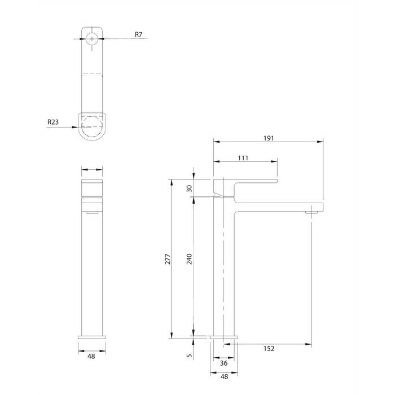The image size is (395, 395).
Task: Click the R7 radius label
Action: (139, 34)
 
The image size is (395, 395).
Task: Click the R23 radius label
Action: (53, 122)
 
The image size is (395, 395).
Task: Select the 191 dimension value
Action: (269, 138)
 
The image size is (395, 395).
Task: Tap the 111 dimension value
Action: (243, 158)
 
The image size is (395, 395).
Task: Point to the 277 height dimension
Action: (168, 259)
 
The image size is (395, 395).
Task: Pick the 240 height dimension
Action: (189, 259)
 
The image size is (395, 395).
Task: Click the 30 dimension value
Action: (189, 188)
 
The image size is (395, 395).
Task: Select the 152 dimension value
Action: (269, 348)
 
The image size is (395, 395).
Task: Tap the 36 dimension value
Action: (223, 363)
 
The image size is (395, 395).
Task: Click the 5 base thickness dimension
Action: (190, 355)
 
